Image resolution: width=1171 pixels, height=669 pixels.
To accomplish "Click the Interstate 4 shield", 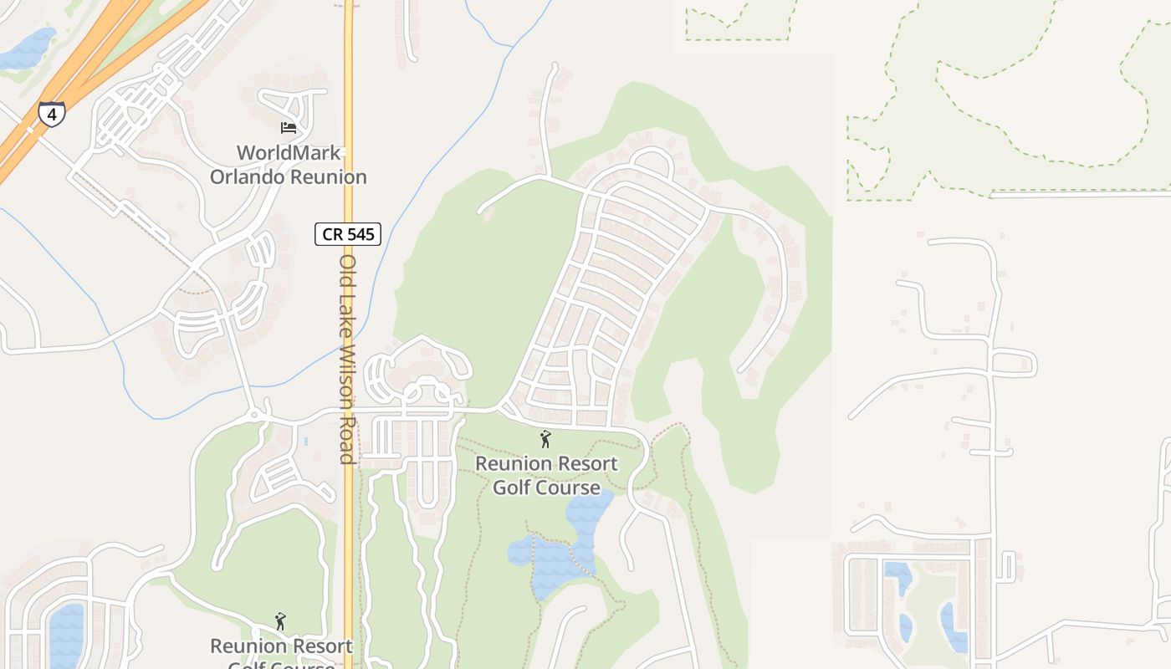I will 52,114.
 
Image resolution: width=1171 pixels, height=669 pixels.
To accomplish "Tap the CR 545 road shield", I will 348,234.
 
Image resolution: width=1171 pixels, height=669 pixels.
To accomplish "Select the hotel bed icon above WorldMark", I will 289,128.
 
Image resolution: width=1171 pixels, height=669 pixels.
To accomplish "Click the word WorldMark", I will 289,153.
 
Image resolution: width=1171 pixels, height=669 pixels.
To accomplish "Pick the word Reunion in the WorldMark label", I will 328,177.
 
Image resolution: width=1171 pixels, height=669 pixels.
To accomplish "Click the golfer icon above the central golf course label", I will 545,438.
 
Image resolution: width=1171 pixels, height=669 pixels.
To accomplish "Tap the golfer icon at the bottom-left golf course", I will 280,621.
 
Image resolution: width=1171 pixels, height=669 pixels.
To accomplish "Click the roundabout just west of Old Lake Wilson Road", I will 253,416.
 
